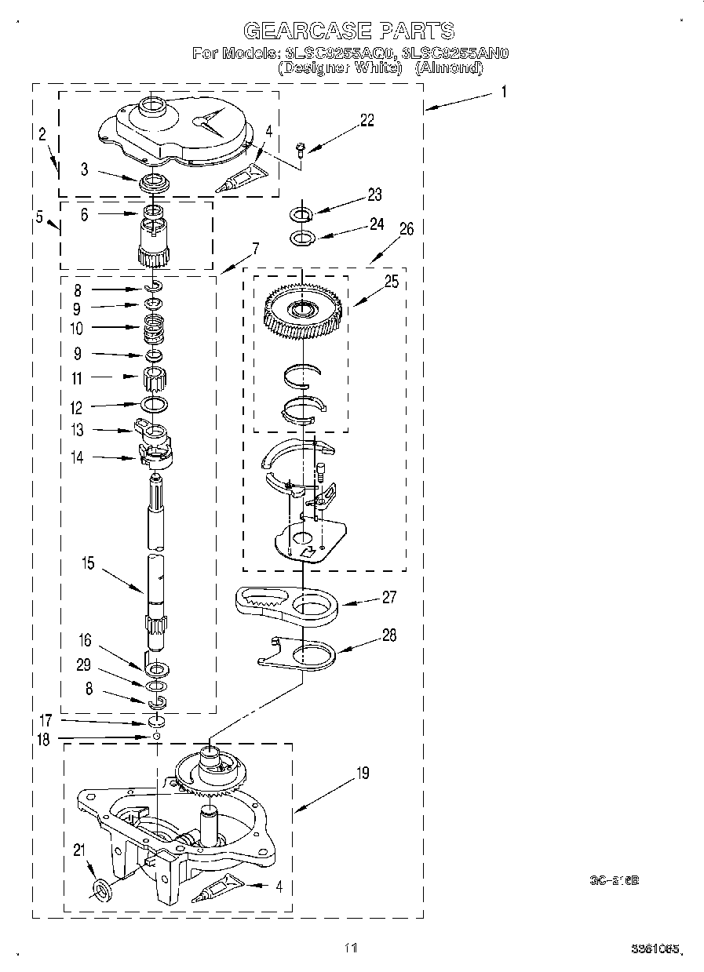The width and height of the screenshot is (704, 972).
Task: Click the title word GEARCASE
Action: pos(307,31)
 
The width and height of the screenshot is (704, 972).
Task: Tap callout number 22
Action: pos(367,120)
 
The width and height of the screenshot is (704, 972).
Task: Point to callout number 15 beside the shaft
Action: pos(87,562)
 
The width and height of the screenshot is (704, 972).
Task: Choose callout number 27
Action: pos(388,596)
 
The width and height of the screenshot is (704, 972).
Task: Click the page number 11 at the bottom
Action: pos(350,948)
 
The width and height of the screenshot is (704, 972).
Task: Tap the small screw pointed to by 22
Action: pos(301,147)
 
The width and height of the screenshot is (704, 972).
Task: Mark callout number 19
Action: pos(362,774)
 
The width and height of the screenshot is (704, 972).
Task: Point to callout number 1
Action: pos(502,92)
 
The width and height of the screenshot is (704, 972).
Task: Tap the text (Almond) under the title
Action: pos(448,67)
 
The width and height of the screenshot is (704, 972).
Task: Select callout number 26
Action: pos(406,229)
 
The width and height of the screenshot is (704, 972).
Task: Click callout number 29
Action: pos(84,665)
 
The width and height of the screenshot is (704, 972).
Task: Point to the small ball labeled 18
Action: pos(157,737)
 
